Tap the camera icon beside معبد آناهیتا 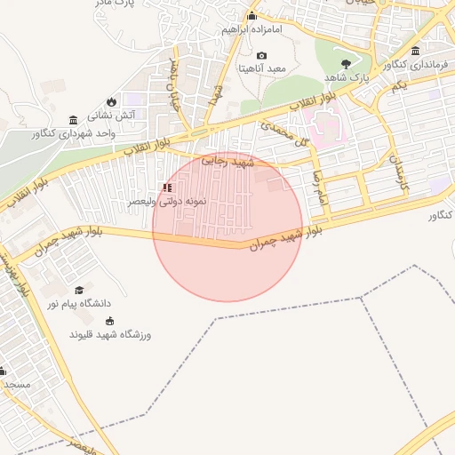[x=261, y=56]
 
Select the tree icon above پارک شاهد [x=346, y=64]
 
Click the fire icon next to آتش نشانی [x=111, y=101]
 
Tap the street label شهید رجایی [x=228, y=163]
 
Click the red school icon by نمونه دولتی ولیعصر [x=166, y=188]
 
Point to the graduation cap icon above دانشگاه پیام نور [x=79, y=291]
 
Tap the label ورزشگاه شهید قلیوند [x=110, y=335]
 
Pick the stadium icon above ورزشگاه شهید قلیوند [x=110, y=322]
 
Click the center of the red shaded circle [x=227, y=226]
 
